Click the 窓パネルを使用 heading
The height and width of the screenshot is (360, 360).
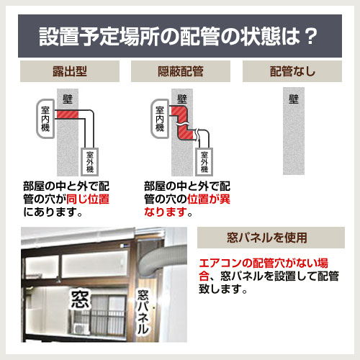coord(271,237)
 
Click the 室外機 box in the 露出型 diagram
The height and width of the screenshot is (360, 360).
coord(90,163)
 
